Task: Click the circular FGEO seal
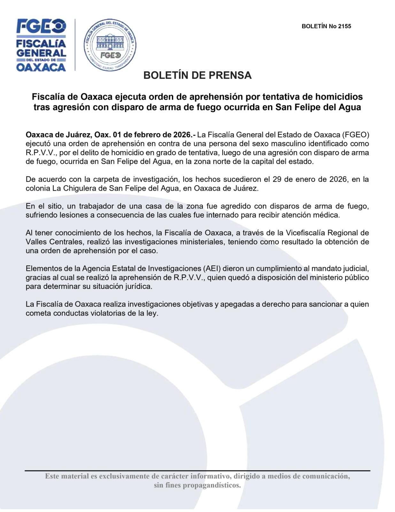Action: pos(110,45)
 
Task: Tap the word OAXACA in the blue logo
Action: pos(41,67)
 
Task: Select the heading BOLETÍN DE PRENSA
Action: pos(197,75)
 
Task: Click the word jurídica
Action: pos(138,286)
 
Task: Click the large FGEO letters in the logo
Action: pos(41,26)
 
